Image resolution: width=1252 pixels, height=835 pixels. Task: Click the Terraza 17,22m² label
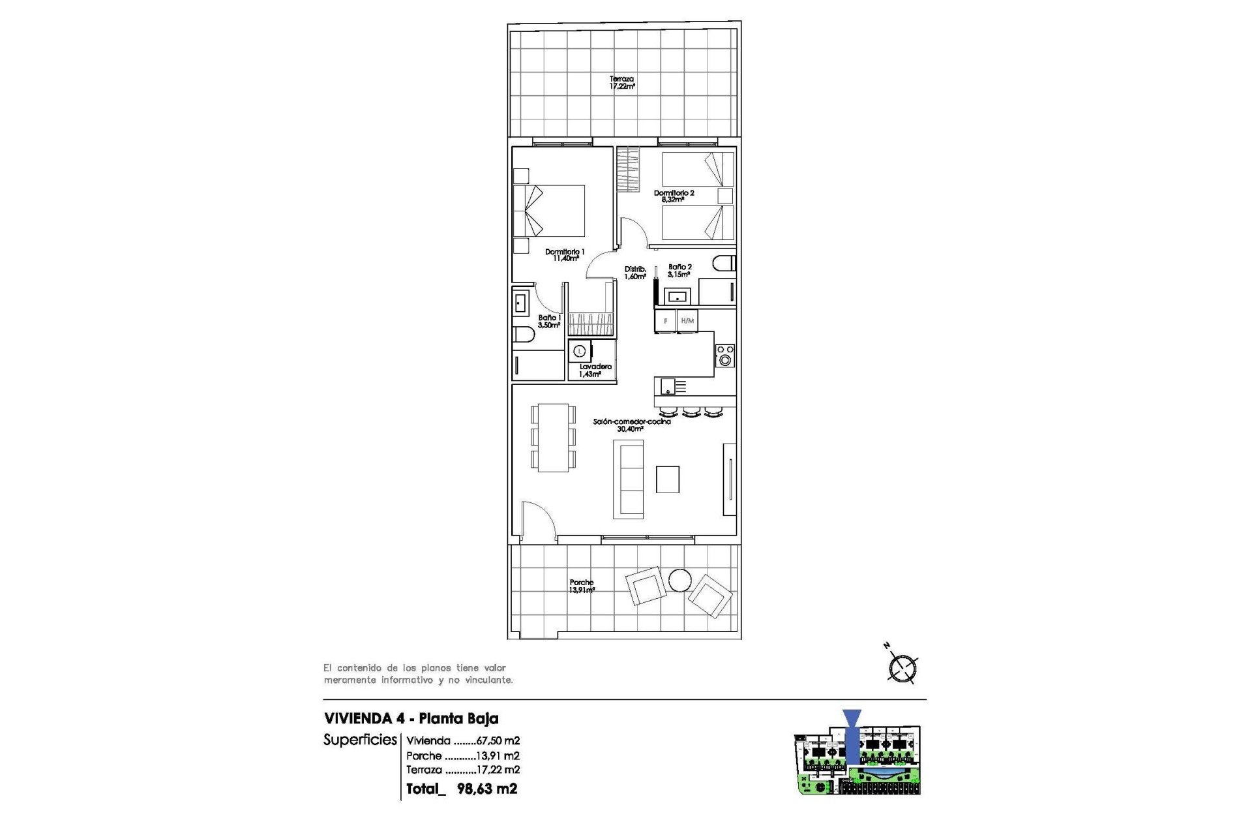621,82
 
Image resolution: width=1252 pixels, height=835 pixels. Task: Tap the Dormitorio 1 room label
565,255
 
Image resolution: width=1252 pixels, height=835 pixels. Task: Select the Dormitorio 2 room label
674,196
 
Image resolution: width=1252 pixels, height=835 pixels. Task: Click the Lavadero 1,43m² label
595,371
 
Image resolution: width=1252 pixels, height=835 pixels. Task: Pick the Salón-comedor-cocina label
631,425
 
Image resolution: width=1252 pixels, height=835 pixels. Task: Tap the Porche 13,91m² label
582,586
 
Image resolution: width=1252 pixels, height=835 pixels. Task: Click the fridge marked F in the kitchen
665,321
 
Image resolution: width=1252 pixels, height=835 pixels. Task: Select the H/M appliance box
687,321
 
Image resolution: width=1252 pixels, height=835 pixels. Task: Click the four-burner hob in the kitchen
724,356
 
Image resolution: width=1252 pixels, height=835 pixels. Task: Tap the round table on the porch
679,580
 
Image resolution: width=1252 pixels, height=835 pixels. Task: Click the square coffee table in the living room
668,479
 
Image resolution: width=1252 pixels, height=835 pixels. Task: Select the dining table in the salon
553,437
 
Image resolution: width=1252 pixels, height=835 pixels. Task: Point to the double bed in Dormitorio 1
549,211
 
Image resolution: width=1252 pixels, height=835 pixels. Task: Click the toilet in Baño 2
724,264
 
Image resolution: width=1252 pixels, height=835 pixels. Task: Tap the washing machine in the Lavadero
580,351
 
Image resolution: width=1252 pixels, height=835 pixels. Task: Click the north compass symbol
902,667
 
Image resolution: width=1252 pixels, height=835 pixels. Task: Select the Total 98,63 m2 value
486,789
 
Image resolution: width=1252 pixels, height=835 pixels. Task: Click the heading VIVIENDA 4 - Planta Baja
411,718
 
